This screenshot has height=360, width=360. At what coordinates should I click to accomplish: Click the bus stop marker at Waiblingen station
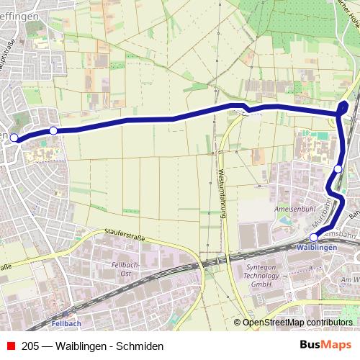313,237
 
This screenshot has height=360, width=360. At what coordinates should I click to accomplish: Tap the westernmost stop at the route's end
14,138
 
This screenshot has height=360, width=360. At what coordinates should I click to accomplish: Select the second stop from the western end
53,130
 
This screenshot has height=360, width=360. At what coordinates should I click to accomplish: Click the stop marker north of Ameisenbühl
338,168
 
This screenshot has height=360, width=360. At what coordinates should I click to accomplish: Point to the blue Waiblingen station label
316,247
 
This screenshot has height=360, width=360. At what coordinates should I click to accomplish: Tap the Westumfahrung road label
220,194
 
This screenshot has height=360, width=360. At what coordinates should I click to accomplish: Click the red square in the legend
10,346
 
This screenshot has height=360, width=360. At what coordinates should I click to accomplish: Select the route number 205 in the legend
30,346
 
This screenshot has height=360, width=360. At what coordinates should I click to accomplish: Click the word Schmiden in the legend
143,346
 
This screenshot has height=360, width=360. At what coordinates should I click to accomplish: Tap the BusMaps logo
325,345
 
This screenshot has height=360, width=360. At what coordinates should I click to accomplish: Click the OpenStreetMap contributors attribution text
297,323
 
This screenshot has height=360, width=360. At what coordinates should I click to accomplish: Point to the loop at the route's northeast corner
342,108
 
